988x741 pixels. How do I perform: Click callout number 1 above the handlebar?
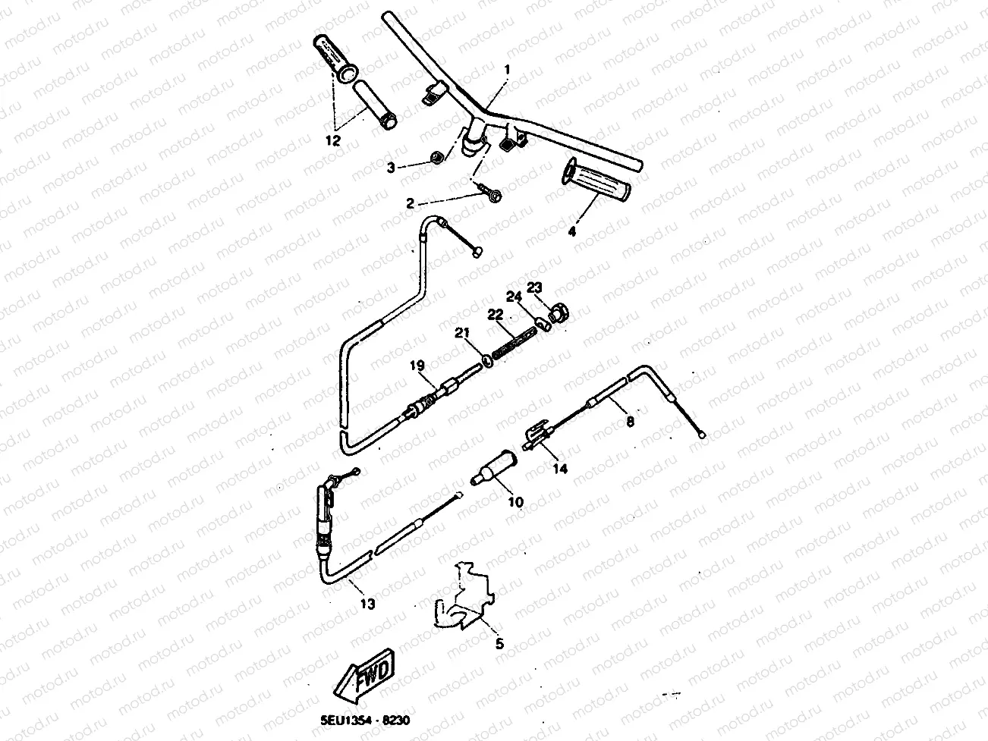[507, 70]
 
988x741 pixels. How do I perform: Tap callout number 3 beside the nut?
[391, 168]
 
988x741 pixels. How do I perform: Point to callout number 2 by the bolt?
[411, 203]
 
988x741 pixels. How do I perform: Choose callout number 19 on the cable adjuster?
[417, 366]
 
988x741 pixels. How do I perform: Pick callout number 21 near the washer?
[462, 332]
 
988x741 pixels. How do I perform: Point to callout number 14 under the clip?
[559, 469]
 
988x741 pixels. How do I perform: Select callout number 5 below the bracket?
[499, 644]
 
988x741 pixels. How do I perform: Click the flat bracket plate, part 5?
[463, 595]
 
